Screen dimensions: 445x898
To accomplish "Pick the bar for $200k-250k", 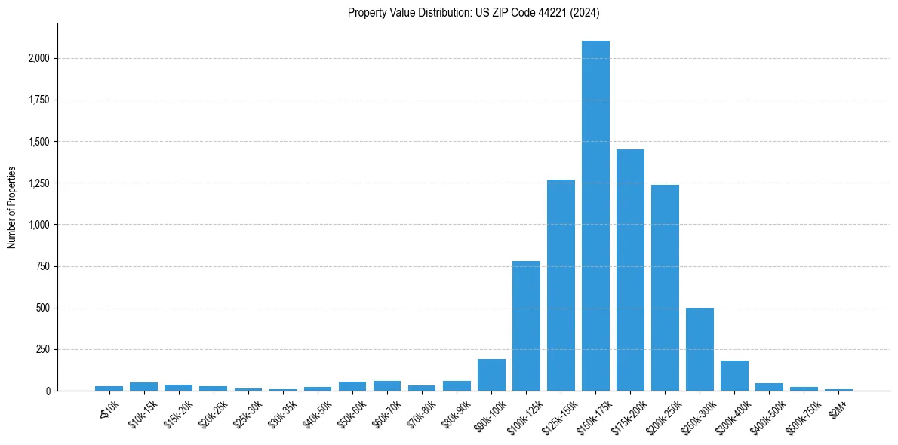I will tap(665, 287).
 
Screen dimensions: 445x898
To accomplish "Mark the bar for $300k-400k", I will tap(734, 376).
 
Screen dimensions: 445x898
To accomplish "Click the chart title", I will tap(473, 13).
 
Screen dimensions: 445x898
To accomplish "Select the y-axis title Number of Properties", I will tap(12, 207).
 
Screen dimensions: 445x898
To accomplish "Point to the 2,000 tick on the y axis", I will tap(39, 58).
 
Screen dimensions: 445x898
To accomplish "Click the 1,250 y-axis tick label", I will tap(39, 183).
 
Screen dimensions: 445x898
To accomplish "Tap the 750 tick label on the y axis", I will tap(43, 266).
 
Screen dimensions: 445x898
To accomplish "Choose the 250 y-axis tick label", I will tap(43, 349).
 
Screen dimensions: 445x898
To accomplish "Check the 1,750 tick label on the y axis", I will tap(39, 100).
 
